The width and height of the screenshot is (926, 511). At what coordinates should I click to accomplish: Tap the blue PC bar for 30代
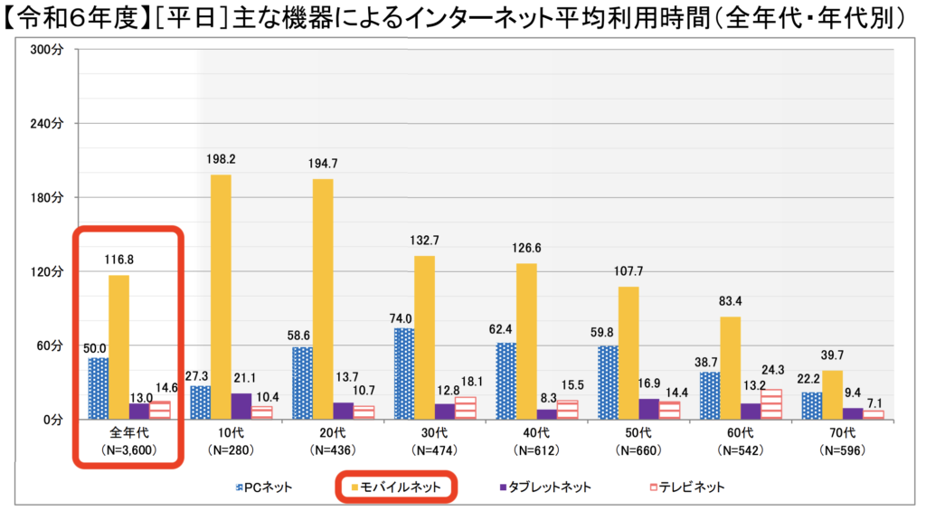(x=404, y=374)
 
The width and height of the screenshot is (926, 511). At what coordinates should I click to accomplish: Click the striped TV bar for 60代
(x=771, y=403)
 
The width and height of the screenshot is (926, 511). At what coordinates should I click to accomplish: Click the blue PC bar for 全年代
(x=98, y=388)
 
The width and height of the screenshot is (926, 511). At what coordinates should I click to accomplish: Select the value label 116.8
(x=119, y=260)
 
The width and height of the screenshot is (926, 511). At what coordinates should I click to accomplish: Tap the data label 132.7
(x=425, y=241)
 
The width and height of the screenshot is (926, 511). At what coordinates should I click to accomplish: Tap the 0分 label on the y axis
(x=51, y=420)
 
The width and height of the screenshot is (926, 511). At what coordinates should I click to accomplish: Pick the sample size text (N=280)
(x=222, y=449)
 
